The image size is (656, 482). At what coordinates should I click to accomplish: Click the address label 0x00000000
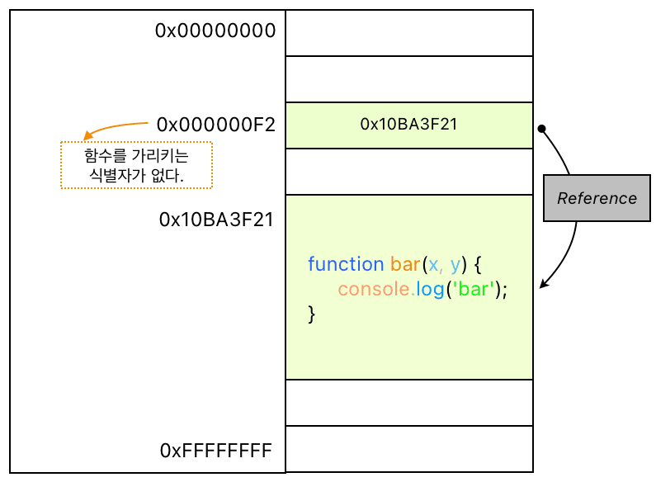coord(215,31)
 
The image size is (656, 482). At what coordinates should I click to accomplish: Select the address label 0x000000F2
coord(216,125)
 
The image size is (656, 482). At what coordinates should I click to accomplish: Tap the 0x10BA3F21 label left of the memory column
coord(216,220)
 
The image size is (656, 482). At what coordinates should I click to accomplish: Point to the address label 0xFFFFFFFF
coord(216,451)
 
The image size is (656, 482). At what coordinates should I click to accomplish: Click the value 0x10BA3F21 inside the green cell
coord(408,125)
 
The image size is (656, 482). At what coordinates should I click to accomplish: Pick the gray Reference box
coord(597,198)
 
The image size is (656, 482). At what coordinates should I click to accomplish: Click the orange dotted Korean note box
coord(136,165)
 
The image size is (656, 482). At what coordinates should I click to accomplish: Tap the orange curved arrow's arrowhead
coord(87,135)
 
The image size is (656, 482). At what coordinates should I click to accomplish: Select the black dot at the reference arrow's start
coord(542,129)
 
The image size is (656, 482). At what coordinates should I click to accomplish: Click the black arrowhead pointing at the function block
coord(544,284)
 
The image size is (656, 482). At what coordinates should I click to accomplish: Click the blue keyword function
coord(346,264)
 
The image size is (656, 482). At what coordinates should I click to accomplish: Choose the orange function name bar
coord(405,264)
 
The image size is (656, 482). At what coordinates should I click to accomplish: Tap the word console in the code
coord(374,289)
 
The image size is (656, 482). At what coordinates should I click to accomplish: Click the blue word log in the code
coord(430,290)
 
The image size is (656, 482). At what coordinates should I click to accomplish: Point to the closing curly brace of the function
coord(311,314)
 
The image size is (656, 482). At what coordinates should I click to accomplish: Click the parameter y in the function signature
coord(455,266)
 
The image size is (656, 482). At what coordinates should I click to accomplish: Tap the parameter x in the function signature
coord(434,265)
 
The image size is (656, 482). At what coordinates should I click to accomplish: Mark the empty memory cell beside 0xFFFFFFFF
coord(409,449)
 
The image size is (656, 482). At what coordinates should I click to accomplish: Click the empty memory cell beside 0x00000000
coord(409,33)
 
